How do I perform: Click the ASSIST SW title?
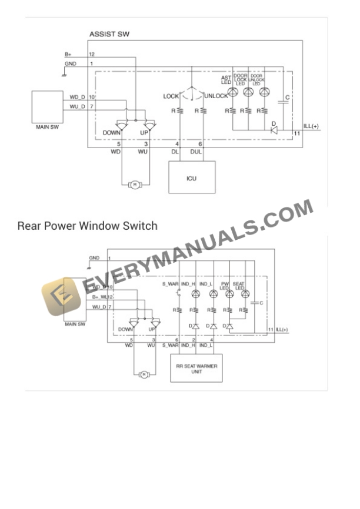(109, 35)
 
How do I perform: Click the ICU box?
(191, 178)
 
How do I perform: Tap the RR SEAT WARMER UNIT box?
(196, 369)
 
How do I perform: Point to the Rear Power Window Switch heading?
(88, 226)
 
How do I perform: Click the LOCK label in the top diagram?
(171, 96)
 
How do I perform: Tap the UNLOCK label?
(216, 96)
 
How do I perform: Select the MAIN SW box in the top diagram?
(48, 106)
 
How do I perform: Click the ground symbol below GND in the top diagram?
(64, 73)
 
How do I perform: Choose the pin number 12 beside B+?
(91, 54)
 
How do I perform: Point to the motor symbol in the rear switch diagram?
(143, 374)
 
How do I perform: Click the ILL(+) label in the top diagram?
(311, 126)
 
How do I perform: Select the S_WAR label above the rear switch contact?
(170, 284)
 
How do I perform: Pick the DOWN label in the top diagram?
(111, 133)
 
